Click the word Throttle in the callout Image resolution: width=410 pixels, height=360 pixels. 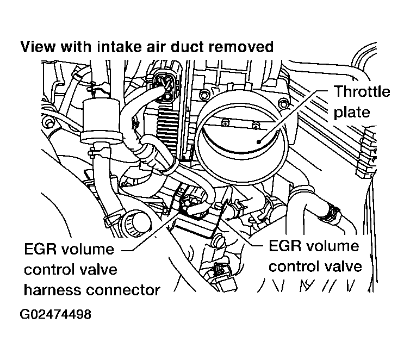click(x=362, y=91)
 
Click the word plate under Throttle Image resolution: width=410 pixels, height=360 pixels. click(x=351, y=112)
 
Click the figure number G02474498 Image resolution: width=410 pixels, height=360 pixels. click(x=56, y=315)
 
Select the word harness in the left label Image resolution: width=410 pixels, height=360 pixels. click(x=50, y=289)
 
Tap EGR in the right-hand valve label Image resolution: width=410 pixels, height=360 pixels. click(x=285, y=246)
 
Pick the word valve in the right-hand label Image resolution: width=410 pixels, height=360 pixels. click(x=345, y=266)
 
